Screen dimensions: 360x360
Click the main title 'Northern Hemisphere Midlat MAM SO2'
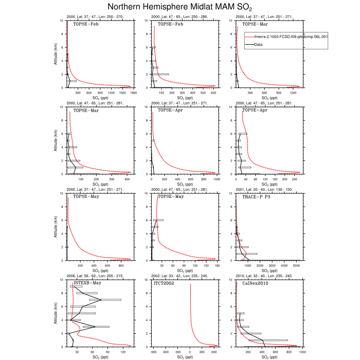(180, 7)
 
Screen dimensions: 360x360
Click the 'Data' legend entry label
(259, 45)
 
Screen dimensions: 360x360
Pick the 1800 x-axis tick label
(133, 93)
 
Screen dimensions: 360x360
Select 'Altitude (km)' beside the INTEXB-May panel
(56, 313)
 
